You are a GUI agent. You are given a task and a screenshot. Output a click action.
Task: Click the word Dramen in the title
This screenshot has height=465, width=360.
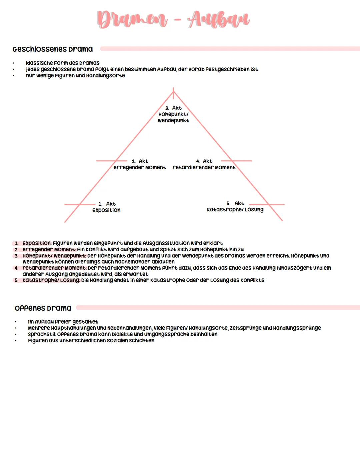pos(132,19)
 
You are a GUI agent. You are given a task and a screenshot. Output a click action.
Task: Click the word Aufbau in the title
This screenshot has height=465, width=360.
pos(218,19)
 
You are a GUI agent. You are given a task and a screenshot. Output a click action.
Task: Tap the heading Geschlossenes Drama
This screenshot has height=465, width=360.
pos(53,49)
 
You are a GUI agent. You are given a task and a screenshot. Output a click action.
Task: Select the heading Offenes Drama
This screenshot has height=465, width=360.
pos(43,308)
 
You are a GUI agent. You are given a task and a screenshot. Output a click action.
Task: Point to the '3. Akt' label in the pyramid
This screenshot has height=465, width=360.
pos(173,108)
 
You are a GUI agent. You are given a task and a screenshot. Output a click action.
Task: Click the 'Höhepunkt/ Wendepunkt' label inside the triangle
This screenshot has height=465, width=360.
pos(173,117)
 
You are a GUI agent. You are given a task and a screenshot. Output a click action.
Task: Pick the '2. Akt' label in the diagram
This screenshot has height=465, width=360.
pos(140,161)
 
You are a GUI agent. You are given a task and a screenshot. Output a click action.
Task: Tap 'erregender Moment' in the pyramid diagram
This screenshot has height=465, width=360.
pos(139,167)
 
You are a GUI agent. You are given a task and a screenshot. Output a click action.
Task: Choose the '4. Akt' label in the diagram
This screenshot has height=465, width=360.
pos(204,161)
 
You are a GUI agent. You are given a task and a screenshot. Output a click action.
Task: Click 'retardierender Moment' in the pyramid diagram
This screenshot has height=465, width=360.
pos(204,167)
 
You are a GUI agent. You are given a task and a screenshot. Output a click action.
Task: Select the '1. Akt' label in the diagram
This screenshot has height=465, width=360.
pos(107,204)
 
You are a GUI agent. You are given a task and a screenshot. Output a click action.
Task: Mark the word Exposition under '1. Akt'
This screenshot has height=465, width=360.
pos(106,210)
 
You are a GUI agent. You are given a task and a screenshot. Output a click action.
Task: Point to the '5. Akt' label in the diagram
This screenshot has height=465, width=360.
pos(235,203)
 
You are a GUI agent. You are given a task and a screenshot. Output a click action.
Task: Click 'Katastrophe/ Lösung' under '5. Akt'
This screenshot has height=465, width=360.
pos(235,210)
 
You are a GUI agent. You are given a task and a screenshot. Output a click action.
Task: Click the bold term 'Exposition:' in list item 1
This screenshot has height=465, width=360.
pos(37,243)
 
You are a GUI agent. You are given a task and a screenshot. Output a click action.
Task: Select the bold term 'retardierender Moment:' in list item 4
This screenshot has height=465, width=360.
pos(55,268)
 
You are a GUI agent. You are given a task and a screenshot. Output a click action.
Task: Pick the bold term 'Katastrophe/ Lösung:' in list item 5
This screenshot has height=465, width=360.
pos(51,280)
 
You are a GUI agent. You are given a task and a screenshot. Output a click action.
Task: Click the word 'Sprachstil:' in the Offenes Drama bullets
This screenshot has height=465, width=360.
pos(42,334)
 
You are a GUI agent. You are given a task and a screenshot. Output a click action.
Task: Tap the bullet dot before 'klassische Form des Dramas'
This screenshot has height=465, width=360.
pos(14,63)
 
